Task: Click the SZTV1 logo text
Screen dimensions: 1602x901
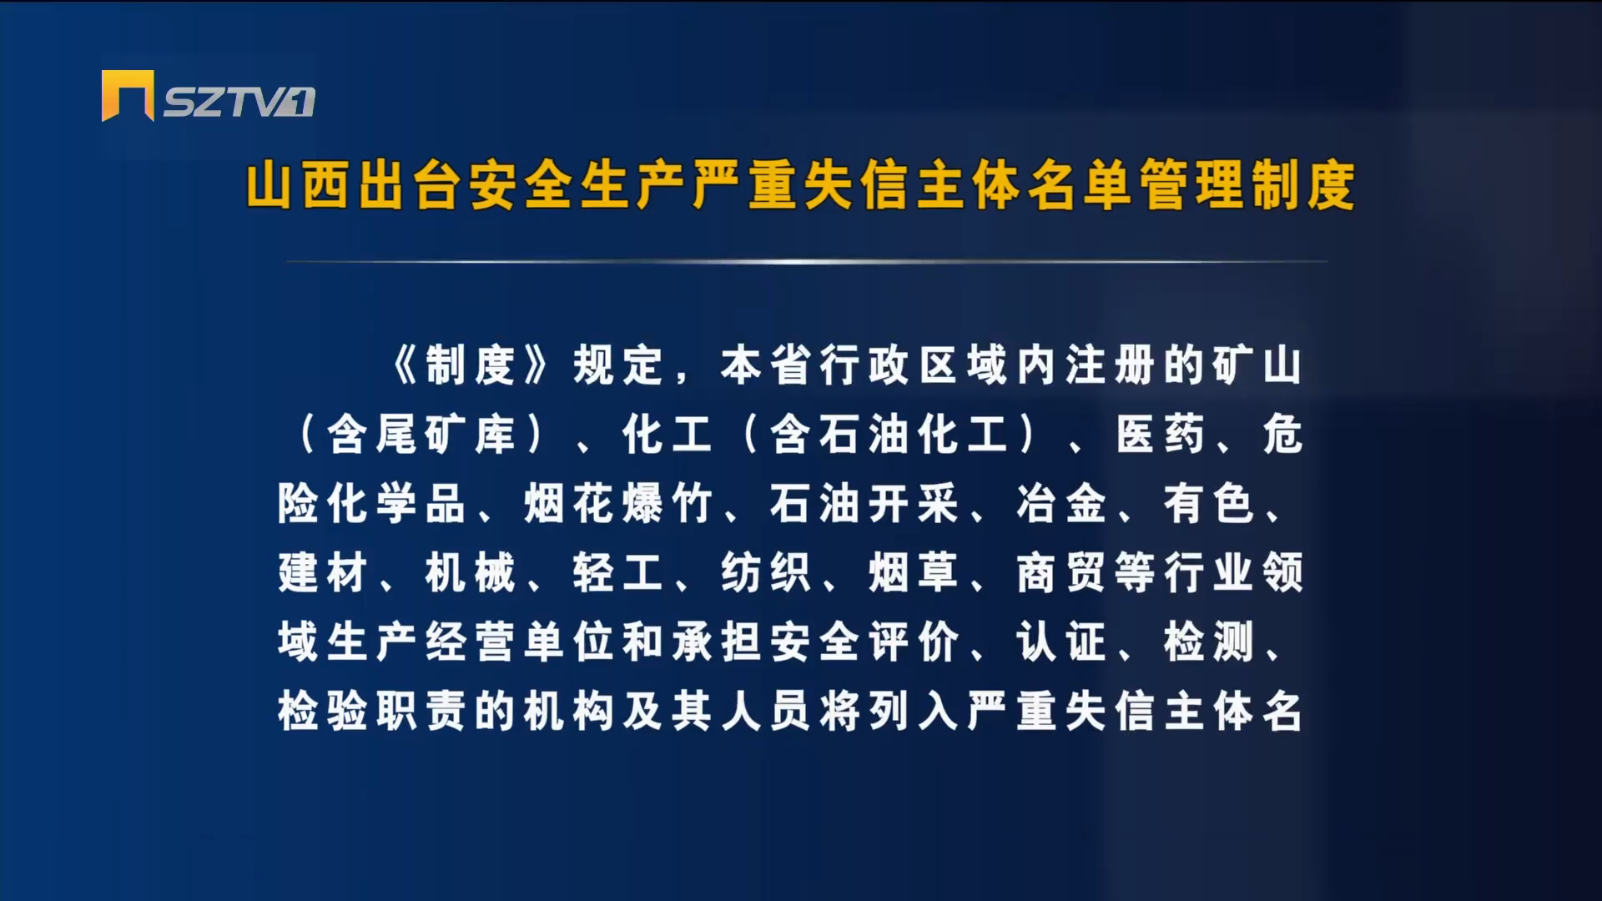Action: pyautogui.click(x=239, y=102)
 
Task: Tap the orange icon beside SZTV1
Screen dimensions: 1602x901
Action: pyautogui.click(x=128, y=95)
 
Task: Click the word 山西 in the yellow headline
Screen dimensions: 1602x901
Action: pyautogui.click(x=297, y=185)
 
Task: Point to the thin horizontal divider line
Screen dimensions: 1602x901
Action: pyautogui.click(x=807, y=261)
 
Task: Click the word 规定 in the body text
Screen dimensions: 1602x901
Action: pyautogui.click(x=617, y=365)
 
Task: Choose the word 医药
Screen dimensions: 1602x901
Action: pyautogui.click(x=1161, y=435)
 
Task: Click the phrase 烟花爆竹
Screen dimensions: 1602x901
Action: pyautogui.click(x=618, y=504)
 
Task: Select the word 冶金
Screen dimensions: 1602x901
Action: pyautogui.click(x=1061, y=504)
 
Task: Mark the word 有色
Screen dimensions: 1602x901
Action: pyautogui.click(x=1209, y=504)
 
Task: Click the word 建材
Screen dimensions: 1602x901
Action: pyautogui.click(x=323, y=573)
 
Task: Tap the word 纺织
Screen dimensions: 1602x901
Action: pyautogui.click(x=766, y=573)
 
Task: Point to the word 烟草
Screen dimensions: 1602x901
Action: pyautogui.click(x=914, y=573)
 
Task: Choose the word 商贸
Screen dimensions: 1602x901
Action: pyautogui.click(x=1061, y=573)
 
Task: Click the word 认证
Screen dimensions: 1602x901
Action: pyautogui.click(x=1061, y=642)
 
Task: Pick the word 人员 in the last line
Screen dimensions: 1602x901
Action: pyautogui.click(x=766, y=712)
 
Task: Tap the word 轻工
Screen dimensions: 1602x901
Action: pyautogui.click(x=618, y=573)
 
